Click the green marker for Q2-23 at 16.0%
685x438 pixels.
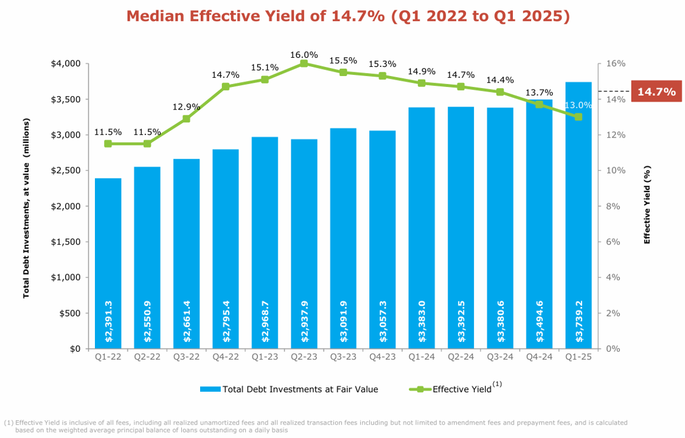[304, 63]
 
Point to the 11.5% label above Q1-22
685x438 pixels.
[108, 132]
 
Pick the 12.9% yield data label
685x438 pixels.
[186, 107]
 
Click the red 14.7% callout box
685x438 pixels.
[656, 92]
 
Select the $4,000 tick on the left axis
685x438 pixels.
[68, 63]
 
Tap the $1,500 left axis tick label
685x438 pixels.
[68, 242]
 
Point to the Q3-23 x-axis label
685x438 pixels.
[343, 357]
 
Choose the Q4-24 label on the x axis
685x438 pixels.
[539, 357]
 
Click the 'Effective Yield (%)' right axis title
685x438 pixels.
[647, 205]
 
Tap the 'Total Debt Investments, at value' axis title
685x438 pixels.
[26, 208]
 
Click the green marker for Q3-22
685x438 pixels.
[186, 119]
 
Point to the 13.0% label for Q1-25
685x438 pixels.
[578, 105]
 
